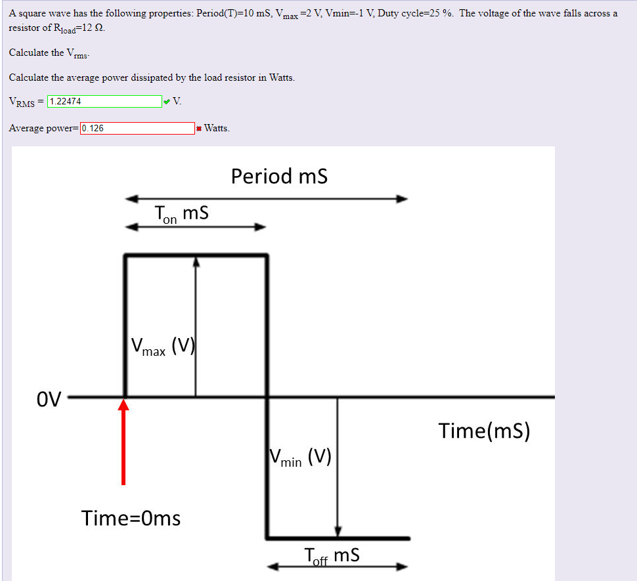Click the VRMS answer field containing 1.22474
click(x=104, y=102)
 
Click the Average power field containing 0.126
click(x=137, y=128)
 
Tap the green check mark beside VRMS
click(x=167, y=102)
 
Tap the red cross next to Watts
click(x=198, y=129)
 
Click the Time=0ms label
click(x=131, y=519)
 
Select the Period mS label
click(x=279, y=177)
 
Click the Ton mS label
click(x=181, y=215)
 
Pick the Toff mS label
click(x=332, y=556)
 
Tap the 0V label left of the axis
click(x=49, y=398)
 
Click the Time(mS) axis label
click(x=484, y=431)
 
